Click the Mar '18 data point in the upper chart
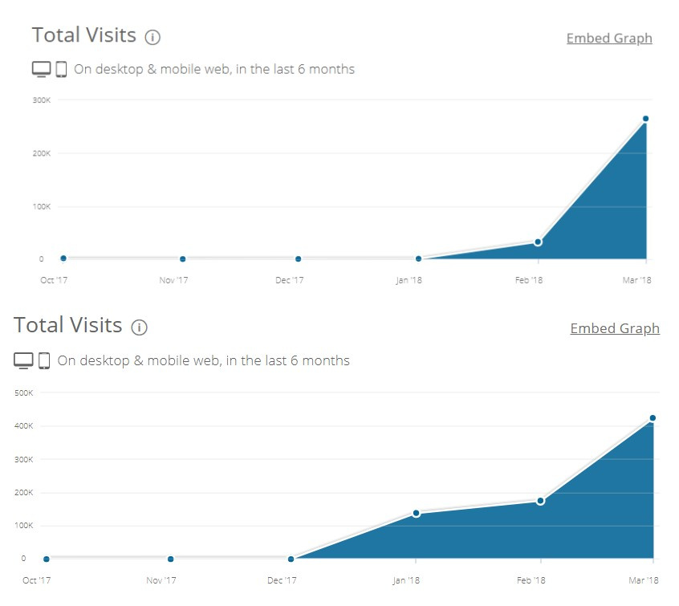[x=645, y=119]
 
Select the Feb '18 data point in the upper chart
[x=538, y=242]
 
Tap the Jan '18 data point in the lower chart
[x=416, y=513]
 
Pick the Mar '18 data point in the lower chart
[x=653, y=418]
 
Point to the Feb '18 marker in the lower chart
[x=540, y=501]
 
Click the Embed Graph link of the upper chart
[x=609, y=39]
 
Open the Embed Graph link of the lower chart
[x=615, y=328]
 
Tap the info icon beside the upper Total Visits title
[x=152, y=37]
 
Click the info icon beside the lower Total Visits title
[x=140, y=327]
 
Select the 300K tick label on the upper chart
[x=43, y=100]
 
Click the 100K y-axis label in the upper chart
[x=43, y=206]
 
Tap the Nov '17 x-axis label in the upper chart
[x=173, y=280]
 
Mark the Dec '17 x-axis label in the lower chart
[x=282, y=580]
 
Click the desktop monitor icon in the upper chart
[x=41, y=69]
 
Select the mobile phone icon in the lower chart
[x=44, y=360]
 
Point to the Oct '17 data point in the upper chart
[x=63, y=258]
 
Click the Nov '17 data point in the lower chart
[x=170, y=559]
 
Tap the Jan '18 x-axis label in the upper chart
[x=409, y=280]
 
